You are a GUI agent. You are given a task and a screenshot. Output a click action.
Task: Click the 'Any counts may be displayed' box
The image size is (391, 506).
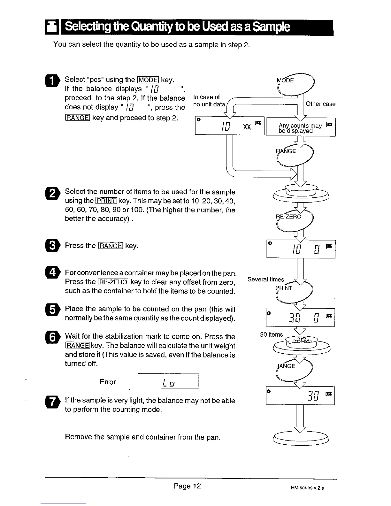pos(301,128)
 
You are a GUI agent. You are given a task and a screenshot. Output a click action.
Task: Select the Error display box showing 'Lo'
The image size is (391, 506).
pos(168,381)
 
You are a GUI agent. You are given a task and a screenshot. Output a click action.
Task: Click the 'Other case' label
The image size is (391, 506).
pos(320,104)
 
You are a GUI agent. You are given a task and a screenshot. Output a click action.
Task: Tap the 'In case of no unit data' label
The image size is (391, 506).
pos(209,101)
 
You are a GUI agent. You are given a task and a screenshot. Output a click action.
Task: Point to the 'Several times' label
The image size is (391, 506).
pos(266,280)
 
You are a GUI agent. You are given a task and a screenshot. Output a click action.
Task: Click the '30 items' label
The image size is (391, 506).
pos(271,334)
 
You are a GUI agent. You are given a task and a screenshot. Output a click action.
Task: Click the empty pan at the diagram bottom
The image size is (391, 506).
pos(301,437)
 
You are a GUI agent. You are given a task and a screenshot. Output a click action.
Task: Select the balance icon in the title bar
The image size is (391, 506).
pos(51,28)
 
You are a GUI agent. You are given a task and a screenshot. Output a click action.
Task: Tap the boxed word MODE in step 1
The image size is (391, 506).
pos(148,80)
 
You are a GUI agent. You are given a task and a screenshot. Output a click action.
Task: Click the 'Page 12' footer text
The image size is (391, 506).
pos(187,486)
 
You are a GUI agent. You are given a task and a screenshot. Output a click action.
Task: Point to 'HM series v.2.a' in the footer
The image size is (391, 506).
pos(307,488)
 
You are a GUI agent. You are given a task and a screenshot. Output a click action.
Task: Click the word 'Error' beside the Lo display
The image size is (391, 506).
pos(108,382)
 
